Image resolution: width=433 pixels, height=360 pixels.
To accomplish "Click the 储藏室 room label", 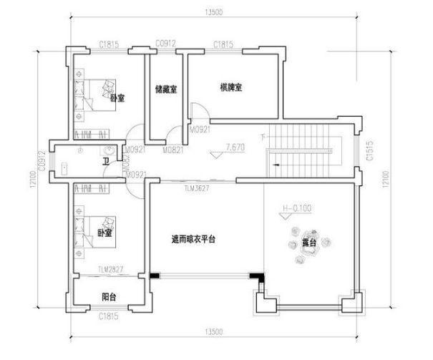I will pyautogui.click(x=166, y=89).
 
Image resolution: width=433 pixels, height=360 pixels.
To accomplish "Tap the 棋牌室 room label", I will pyautogui.click(x=231, y=87).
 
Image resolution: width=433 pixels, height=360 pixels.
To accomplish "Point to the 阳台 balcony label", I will pyautogui.click(x=109, y=296).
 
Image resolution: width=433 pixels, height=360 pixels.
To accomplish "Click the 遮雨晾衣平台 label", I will pyautogui.click(x=193, y=239).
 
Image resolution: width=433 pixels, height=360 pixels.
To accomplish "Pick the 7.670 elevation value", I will pyautogui.click(x=235, y=147).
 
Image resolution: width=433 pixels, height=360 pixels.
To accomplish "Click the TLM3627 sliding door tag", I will pyautogui.click(x=195, y=188).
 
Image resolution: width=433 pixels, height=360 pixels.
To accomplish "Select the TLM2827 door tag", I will pyautogui.click(x=112, y=269).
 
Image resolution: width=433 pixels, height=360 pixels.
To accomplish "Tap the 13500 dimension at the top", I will pyautogui.click(x=211, y=11).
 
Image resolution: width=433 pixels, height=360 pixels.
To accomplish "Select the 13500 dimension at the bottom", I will pyautogui.click(x=213, y=332).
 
